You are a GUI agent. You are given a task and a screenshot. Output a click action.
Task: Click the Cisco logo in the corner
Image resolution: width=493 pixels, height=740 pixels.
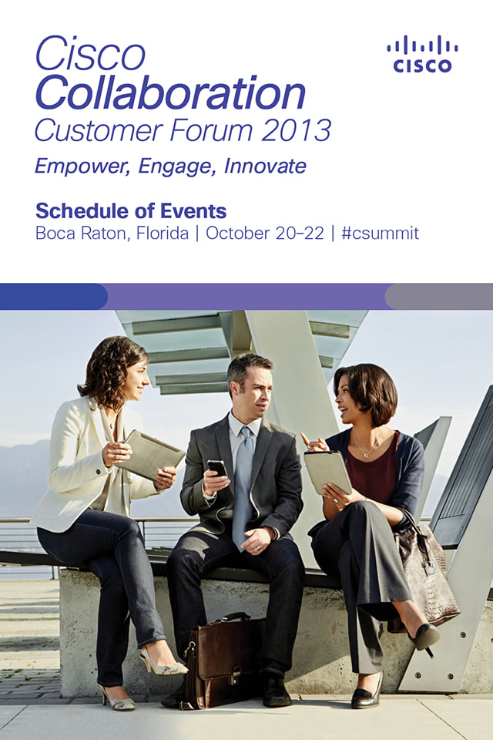pos(422,54)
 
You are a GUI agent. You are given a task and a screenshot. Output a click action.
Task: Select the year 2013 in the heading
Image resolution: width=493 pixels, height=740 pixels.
pos(296,130)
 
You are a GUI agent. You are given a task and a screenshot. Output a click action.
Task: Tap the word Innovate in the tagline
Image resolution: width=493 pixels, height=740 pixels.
pos(265,166)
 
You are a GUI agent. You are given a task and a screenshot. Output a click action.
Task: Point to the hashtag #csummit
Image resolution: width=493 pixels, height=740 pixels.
pos(381,233)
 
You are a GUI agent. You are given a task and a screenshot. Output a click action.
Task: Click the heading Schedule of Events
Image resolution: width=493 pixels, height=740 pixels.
pos(131,211)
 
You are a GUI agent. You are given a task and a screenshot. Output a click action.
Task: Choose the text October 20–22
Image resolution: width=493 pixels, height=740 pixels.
pos(265,233)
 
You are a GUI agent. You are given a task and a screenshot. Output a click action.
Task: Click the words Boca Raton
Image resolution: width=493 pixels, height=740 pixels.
pos(81,234)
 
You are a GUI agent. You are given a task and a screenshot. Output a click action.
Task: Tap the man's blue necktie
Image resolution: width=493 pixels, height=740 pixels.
pos(243,486)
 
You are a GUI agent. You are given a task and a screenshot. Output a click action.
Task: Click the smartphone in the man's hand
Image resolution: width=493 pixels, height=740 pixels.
pos(217,469)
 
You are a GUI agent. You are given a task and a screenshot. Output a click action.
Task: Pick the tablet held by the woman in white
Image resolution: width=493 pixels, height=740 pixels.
pos(149,455)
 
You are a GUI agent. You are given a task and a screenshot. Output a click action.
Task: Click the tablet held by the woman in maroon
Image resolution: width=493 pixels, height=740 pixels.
pos(327,473)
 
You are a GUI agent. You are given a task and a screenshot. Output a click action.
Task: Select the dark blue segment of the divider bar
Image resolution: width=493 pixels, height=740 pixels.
pos(54,296)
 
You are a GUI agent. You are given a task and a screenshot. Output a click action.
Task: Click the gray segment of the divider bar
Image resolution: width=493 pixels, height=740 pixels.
pos(439,296)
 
